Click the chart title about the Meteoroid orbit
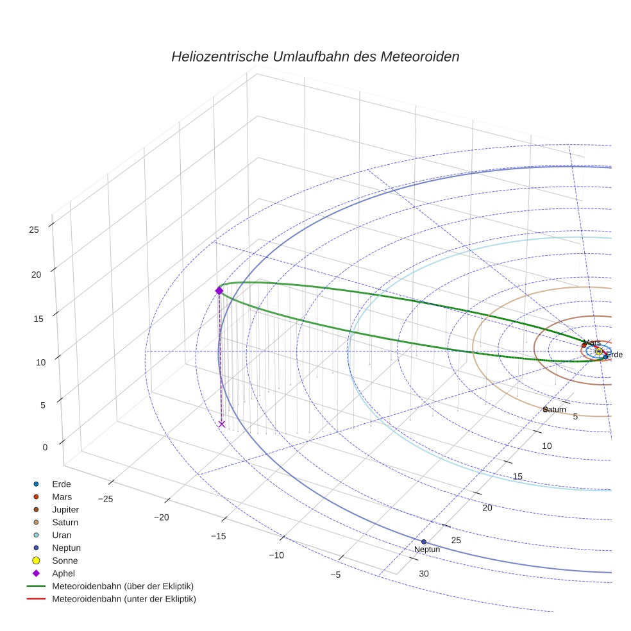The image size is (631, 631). click(315, 56)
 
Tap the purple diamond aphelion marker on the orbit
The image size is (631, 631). click(219, 291)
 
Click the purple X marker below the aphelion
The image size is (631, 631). click(221, 424)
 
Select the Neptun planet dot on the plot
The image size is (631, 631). click(423, 542)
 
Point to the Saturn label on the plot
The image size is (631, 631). click(555, 409)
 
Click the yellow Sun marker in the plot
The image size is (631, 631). click(598, 351)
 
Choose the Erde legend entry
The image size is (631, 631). click(61, 484)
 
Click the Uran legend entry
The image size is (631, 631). click(62, 535)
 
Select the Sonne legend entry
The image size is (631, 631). click(65, 561)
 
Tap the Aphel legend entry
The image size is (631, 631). click(63, 574)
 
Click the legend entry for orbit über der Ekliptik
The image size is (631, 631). click(122, 587)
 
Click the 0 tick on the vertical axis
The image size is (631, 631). click(45, 448)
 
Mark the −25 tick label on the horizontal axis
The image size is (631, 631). click(105, 499)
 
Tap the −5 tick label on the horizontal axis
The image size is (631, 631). click(335, 575)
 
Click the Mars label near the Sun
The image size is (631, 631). click(593, 343)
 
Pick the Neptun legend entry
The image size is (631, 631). click(66, 548)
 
